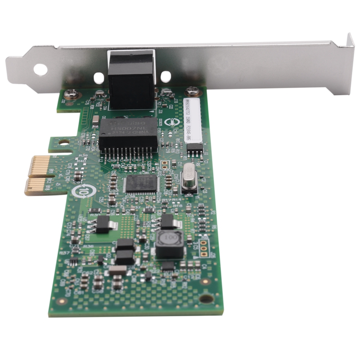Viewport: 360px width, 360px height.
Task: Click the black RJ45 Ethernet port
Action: (130, 80)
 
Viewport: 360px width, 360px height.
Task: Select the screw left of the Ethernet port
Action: (72, 94)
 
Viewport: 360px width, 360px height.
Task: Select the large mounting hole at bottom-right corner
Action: (206, 298)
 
